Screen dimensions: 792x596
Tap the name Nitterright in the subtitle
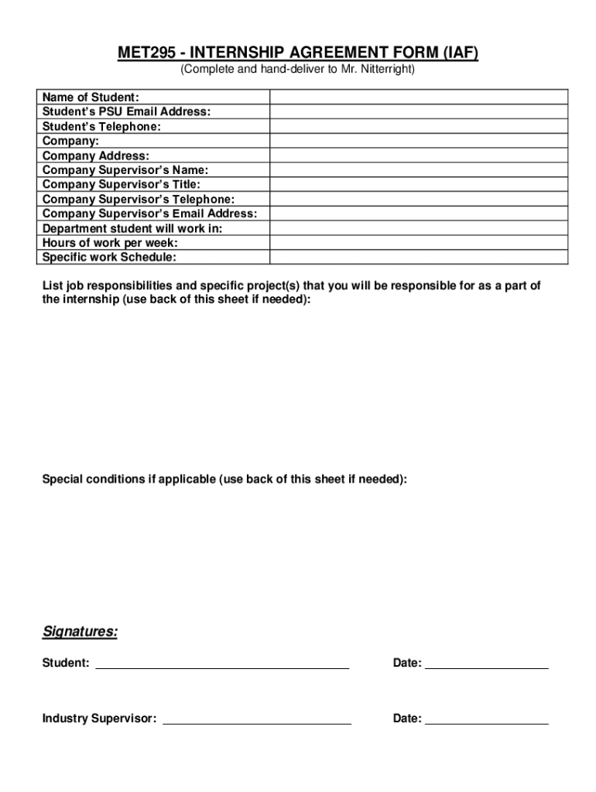[x=388, y=70]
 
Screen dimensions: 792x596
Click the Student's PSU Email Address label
[x=126, y=111]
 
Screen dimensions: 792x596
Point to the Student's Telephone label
[x=102, y=126]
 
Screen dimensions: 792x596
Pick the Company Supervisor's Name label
[x=125, y=170]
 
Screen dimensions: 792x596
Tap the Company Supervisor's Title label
[x=122, y=184]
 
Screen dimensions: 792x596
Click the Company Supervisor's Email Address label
[x=149, y=213]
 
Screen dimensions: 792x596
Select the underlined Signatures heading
[x=80, y=633]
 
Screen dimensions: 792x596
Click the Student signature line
[x=222, y=664]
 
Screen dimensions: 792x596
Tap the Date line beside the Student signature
[x=487, y=664]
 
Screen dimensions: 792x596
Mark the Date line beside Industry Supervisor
[x=487, y=720]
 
